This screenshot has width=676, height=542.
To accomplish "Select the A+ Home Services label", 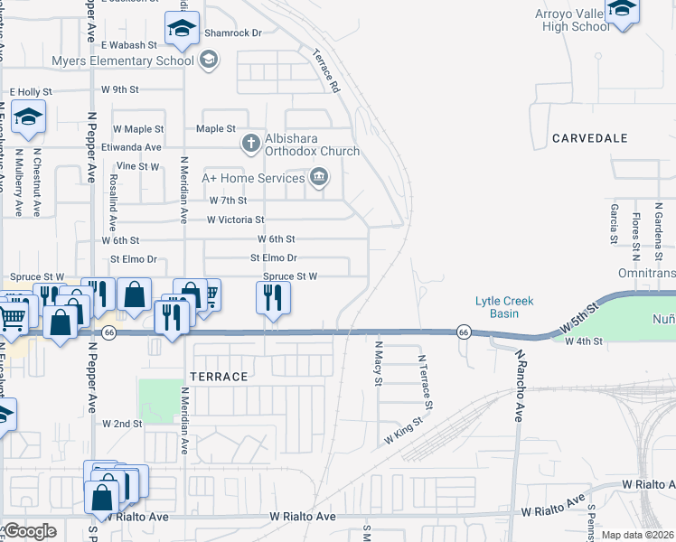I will tap(254, 178).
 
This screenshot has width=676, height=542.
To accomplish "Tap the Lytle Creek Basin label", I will tap(505, 307).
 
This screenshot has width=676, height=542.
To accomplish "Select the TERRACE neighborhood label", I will tap(217, 376).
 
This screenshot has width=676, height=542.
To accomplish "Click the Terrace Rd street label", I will tap(326, 73).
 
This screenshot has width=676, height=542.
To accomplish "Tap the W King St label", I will tap(404, 429).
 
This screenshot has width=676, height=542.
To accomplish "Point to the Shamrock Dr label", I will tap(233, 33).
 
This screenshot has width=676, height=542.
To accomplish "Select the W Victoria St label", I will tap(235, 220).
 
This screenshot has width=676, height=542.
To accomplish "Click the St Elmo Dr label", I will tap(274, 257).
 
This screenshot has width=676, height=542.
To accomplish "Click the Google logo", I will tap(29, 531).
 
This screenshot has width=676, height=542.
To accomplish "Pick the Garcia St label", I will tap(614, 223).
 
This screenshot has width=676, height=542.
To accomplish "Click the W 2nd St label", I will tap(123, 423).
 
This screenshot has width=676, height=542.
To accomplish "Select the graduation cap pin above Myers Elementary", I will tap(182, 30).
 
